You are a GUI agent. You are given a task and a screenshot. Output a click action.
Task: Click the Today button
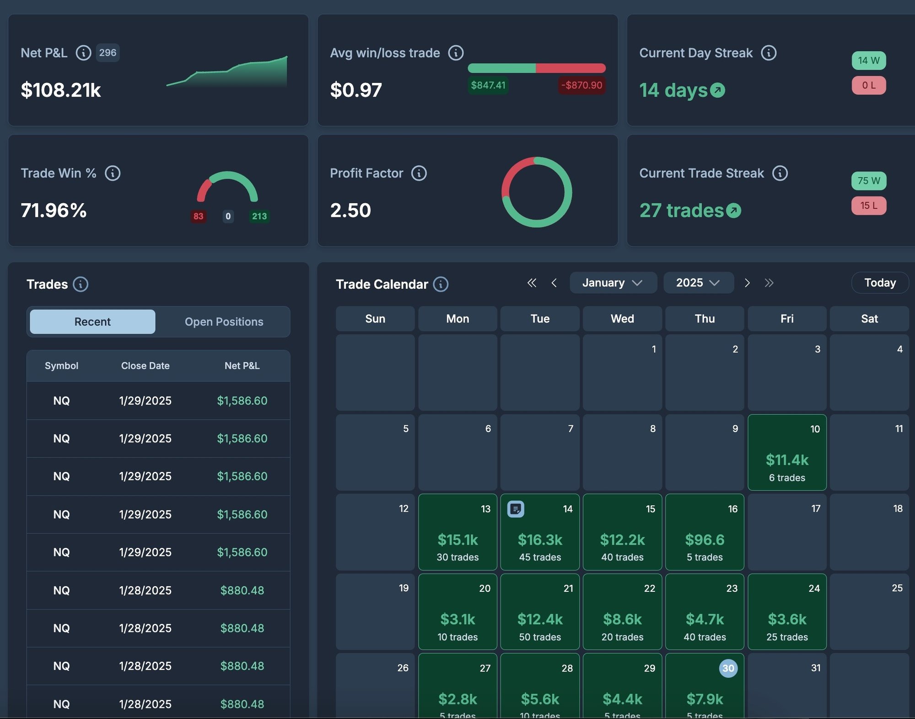point(879,283)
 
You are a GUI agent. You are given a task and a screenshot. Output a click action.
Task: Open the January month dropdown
point(613,283)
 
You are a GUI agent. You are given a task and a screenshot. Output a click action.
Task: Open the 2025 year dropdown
point(698,283)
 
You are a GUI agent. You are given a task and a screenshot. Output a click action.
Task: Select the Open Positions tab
point(224,322)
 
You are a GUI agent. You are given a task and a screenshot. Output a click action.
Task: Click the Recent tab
point(92,322)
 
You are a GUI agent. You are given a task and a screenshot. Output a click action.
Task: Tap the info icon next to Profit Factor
point(419,173)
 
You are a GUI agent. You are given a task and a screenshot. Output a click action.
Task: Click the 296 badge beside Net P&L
point(108,53)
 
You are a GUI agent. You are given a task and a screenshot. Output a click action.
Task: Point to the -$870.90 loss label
point(581,85)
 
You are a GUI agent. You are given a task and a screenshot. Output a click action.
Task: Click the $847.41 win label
point(488,85)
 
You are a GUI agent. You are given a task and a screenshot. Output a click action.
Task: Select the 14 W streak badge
point(868,60)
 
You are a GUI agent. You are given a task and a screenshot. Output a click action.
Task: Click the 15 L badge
point(868,205)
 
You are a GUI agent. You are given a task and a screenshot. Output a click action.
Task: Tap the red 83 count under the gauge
point(198,216)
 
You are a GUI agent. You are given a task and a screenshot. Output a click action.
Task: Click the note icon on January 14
point(516,508)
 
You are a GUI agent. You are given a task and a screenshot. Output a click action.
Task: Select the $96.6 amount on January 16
point(705,540)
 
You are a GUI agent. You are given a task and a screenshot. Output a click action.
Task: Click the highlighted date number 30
point(728,668)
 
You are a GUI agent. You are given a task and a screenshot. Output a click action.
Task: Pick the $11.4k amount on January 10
point(787,460)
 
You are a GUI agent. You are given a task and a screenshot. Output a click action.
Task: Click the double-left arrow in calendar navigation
point(532,283)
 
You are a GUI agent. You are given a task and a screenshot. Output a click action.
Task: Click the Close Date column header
point(145,366)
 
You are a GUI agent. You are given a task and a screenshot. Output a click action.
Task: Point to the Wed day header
point(622,319)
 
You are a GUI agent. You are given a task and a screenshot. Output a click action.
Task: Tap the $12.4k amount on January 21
point(540,619)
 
